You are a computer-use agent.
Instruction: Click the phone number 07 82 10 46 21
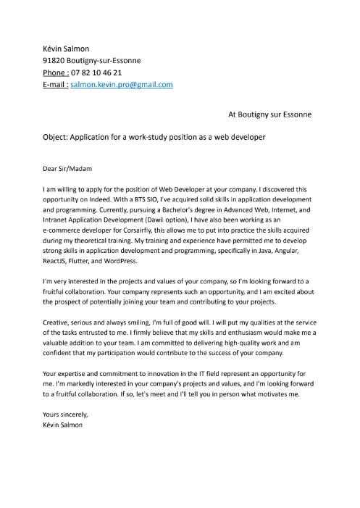click(x=96, y=72)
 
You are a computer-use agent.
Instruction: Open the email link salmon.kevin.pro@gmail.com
click(x=122, y=84)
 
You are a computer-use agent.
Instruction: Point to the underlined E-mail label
click(x=56, y=84)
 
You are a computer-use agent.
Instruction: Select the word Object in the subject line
click(x=54, y=137)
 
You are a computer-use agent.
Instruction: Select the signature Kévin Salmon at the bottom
click(x=63, y=425)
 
